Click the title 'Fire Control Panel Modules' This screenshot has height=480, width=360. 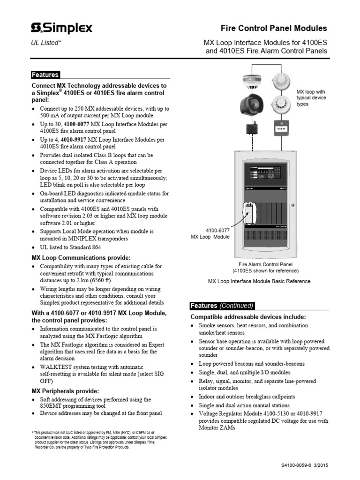274,29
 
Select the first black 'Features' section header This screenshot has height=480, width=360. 45,75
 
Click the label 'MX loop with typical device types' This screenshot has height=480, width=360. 312,98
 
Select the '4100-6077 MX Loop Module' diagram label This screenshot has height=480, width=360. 210,233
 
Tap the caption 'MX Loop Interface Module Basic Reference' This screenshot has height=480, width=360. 259,281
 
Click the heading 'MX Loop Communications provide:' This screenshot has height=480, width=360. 81,257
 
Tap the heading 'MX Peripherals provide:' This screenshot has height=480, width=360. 65,390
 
